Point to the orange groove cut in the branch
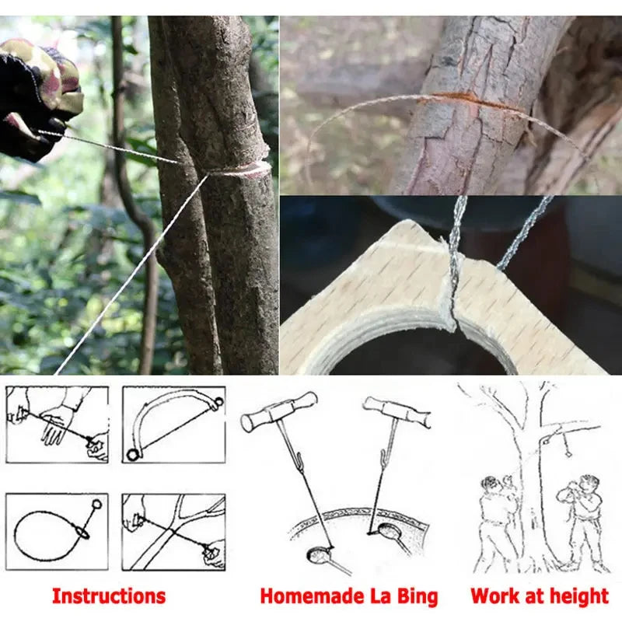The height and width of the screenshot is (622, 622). (x=466, y=100)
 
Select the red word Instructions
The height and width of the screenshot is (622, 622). (x=109, y=596)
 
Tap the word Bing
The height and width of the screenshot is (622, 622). (x=416, y=596)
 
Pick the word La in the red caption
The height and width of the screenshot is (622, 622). (x=377, y=596)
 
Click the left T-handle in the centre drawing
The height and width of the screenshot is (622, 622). (x=278, y=411)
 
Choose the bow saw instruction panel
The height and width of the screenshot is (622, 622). (x=173, y=425)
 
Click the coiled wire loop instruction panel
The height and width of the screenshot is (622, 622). (x=57, y=531)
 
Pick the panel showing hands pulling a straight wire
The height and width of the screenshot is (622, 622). (x=57, y=425)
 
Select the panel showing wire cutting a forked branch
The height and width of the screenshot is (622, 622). (x=173, y=531)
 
